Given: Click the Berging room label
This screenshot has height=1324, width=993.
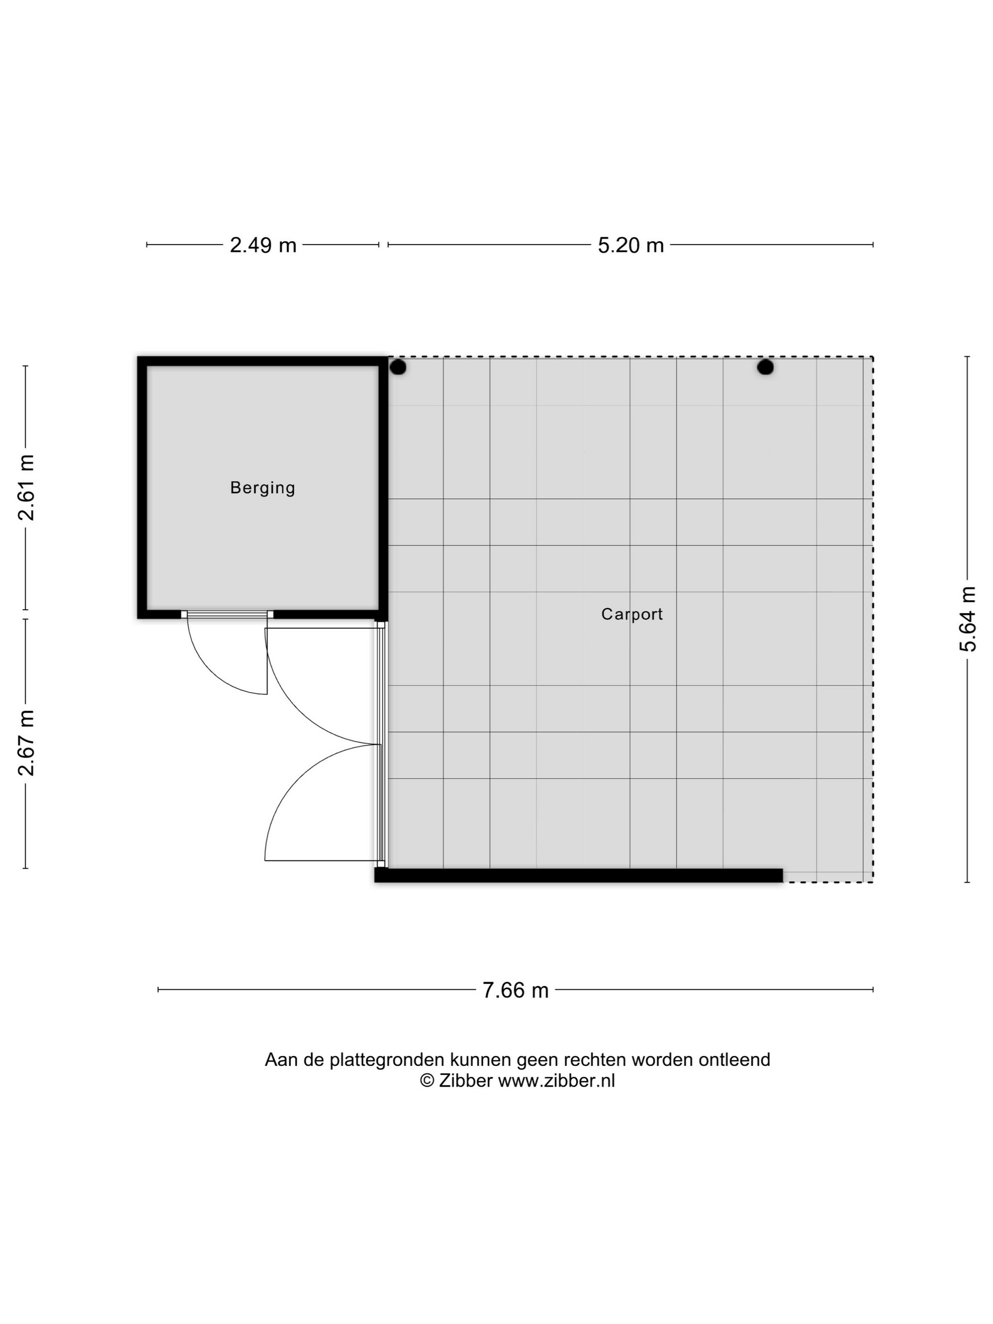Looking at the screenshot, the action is coord(263,488).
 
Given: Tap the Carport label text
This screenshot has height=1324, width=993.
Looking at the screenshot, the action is coord(632,614).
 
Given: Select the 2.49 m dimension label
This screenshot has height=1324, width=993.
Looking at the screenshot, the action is coord(263,245).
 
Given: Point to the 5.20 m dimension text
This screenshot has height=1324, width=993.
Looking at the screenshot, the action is coord(631,245).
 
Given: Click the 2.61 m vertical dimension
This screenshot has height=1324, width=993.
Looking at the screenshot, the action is coord(26,487).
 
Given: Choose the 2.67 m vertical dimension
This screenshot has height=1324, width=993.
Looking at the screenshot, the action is coord(26,743).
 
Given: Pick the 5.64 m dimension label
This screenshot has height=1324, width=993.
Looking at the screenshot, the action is coord(968,619).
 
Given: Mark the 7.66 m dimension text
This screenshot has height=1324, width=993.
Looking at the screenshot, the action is coord(515,991).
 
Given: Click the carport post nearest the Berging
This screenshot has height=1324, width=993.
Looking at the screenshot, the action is coord(398,367).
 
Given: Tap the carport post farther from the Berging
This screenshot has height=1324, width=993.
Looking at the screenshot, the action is coord(765,367).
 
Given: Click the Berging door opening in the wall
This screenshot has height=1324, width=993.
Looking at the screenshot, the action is coord(227,614).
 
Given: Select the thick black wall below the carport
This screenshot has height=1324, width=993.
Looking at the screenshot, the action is coord(578,875).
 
